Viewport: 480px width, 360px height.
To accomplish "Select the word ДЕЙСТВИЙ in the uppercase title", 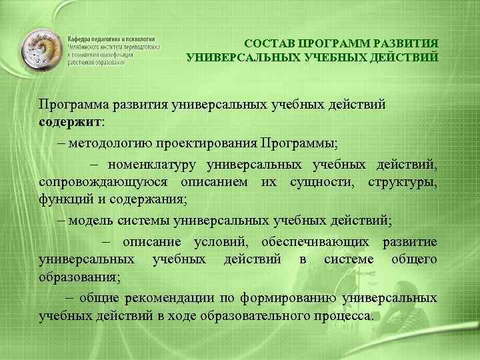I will (x=407, y=57).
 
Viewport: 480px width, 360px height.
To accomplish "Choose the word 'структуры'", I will (x=404, y=181).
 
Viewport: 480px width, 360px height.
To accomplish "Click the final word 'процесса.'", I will (x=346, y=315).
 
